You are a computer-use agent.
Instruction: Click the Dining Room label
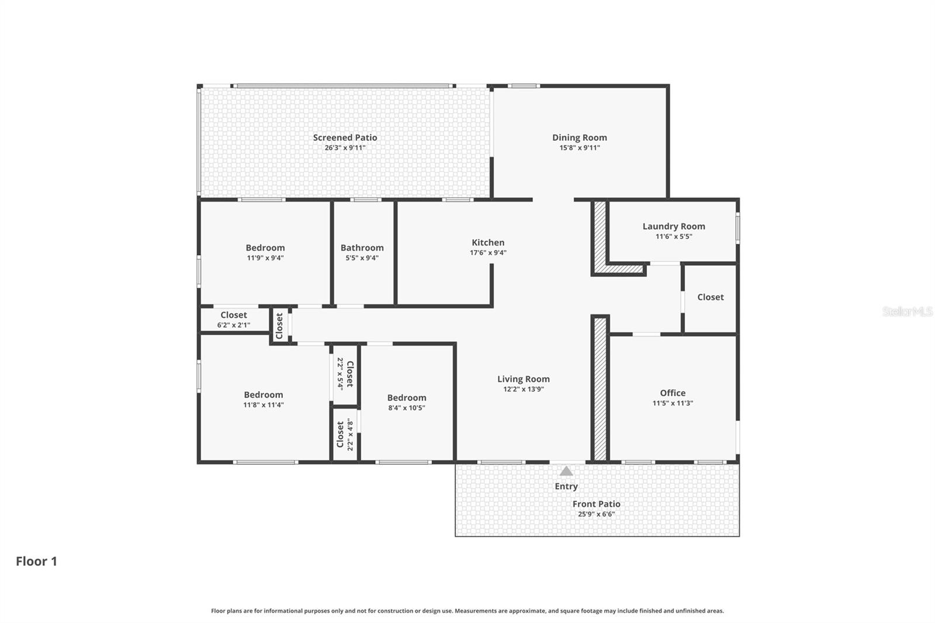point(579,138)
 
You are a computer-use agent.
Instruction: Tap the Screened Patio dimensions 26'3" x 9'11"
point(345,148)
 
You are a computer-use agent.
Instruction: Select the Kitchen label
point(488,243)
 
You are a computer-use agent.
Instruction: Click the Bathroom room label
point(362,248)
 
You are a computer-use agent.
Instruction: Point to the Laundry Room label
point(673,226)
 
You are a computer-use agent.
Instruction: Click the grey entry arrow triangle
point(566,471)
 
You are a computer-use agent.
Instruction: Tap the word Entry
point(566,486)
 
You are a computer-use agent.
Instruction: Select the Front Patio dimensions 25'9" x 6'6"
point(596,514)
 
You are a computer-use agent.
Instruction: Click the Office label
point(673,393)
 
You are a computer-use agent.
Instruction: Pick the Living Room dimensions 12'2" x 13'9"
point(523,389)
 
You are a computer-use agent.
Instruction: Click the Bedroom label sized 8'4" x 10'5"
point(406,397)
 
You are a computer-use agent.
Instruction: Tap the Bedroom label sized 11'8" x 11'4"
point(263,394)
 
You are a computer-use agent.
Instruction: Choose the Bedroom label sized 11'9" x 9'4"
point(265,248)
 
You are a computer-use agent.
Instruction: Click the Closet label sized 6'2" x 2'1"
point(233,315)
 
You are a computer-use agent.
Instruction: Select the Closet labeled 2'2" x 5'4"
point(349,374)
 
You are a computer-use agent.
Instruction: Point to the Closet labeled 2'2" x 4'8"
point(340,434)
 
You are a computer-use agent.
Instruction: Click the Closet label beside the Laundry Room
point(710,297)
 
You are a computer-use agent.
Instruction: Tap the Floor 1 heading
point(36,561)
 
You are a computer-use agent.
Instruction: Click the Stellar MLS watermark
point(907,311)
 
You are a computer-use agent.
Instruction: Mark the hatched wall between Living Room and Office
point(600,389)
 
